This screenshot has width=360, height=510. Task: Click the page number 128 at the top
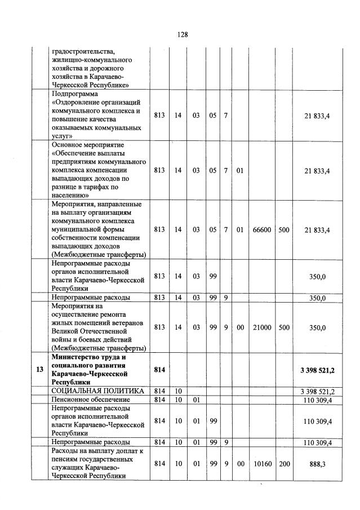tap(182, 34)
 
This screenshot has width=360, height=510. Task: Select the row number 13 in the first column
tap(39, 369)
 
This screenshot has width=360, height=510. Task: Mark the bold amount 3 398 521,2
tap(318, 369)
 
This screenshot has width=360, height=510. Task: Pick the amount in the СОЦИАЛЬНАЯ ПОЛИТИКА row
tap(318, 391)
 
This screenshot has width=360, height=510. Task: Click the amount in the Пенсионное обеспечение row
tap(318, 400)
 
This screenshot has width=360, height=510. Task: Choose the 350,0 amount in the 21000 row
tap(318, 327)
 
